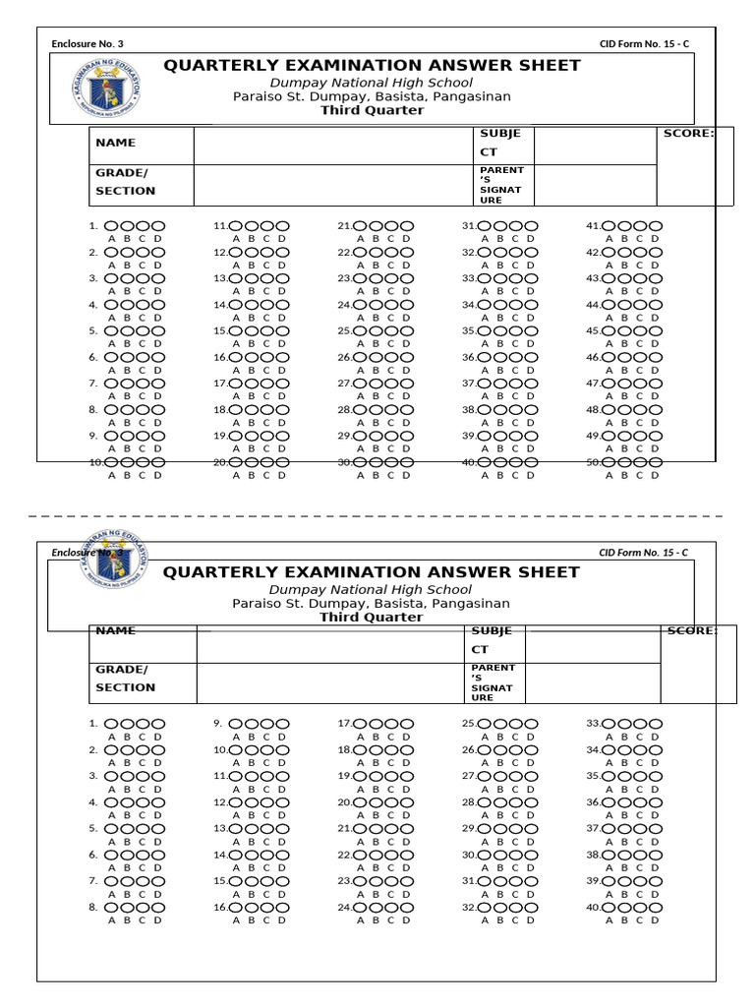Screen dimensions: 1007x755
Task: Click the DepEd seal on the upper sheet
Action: coord(106,89)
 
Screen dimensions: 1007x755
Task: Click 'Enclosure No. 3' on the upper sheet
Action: coord(87,43)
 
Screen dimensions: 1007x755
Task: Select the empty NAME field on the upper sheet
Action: coord(333,146)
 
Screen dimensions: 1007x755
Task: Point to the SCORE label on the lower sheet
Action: coord(692,630)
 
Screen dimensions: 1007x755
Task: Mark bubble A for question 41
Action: coord(610,226)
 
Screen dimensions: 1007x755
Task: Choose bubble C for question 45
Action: coord(640,331)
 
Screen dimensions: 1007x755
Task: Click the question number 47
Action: coord(593,384)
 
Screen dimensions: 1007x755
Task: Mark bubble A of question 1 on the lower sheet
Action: coord(111,724)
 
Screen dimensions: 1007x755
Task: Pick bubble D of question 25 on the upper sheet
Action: coord(406,331)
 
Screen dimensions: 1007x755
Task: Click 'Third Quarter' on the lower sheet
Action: coord(372,618)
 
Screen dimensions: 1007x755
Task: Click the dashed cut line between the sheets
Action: coord(377,515)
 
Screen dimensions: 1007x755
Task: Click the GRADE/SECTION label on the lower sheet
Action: coord(125,678)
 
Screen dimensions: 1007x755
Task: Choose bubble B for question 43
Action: coord(625,278)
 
